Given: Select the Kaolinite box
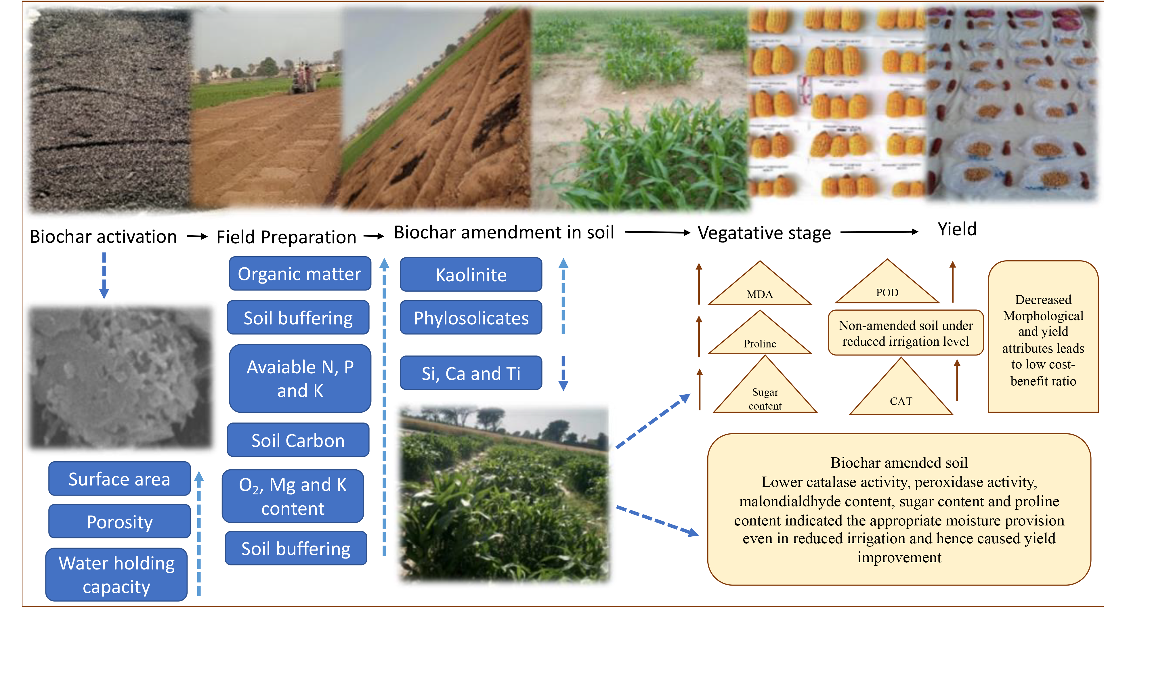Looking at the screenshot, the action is click(471, 274).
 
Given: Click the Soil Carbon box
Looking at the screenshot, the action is click(298, 440).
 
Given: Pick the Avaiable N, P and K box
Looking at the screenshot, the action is click(300, 378).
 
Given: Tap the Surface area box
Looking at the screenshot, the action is click(120, 479).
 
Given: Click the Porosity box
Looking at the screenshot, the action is click(120, 521).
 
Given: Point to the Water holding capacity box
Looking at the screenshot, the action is click(116, 574).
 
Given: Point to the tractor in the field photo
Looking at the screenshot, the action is click(304, 77).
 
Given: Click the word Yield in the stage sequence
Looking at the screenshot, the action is click(957, 229).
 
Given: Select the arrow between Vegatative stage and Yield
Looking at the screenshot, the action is click(879, 232).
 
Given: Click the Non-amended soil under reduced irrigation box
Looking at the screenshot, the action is click(905, 333).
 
